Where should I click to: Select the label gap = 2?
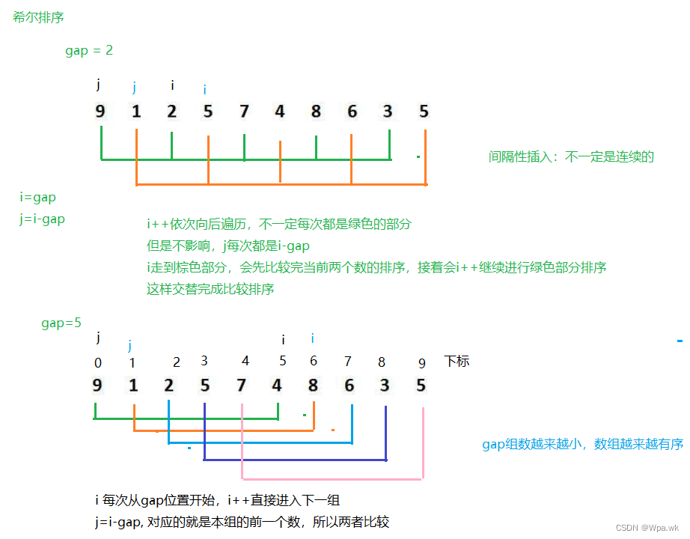(89, 51)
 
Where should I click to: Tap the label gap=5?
(61, 323)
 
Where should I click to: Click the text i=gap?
(38, 198)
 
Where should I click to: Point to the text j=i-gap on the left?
(43, 219)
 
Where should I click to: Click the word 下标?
(457, 361)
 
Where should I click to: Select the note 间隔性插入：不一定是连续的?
(571, 156)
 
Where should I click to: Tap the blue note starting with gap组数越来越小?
(582, 444)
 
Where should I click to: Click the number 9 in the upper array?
(100, 112)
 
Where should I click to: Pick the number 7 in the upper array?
(244, 112)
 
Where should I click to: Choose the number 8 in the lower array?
(313, 386)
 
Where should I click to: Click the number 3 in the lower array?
(385, 386)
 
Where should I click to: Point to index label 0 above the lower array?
(98, 363)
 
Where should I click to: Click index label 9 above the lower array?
(422, 363)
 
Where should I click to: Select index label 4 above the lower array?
(245, 361)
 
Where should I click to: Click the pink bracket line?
(332, 478)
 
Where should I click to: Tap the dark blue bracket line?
(295, 459)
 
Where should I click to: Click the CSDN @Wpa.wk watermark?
(647, 526)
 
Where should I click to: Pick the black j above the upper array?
(98, 84)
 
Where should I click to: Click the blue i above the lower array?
(312, 339)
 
